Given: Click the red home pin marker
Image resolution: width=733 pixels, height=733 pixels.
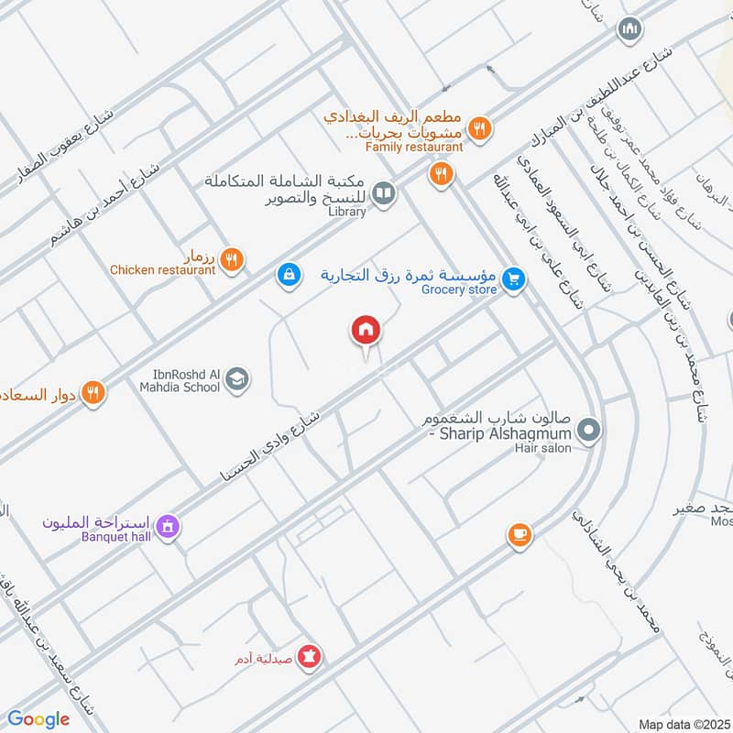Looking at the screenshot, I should [x=366, y=331].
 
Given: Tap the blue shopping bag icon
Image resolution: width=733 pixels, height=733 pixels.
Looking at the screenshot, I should [x=289, y=274].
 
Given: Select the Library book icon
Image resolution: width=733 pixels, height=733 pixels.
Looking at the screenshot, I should [x=385, y=193].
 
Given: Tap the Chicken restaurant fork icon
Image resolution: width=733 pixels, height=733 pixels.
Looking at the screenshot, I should [x=232, y=259].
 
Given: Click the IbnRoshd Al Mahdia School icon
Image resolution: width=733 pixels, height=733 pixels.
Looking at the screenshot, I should [x=236, y=378].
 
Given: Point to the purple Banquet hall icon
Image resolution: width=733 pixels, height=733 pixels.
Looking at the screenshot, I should [x=168, y=527].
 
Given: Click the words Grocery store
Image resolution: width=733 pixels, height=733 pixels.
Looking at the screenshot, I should [x=459, y=290].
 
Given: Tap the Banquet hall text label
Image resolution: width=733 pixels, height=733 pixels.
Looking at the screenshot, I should [x=115, y=537].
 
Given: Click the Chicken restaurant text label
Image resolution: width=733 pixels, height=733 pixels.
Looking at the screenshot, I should [x=162, y=270].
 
